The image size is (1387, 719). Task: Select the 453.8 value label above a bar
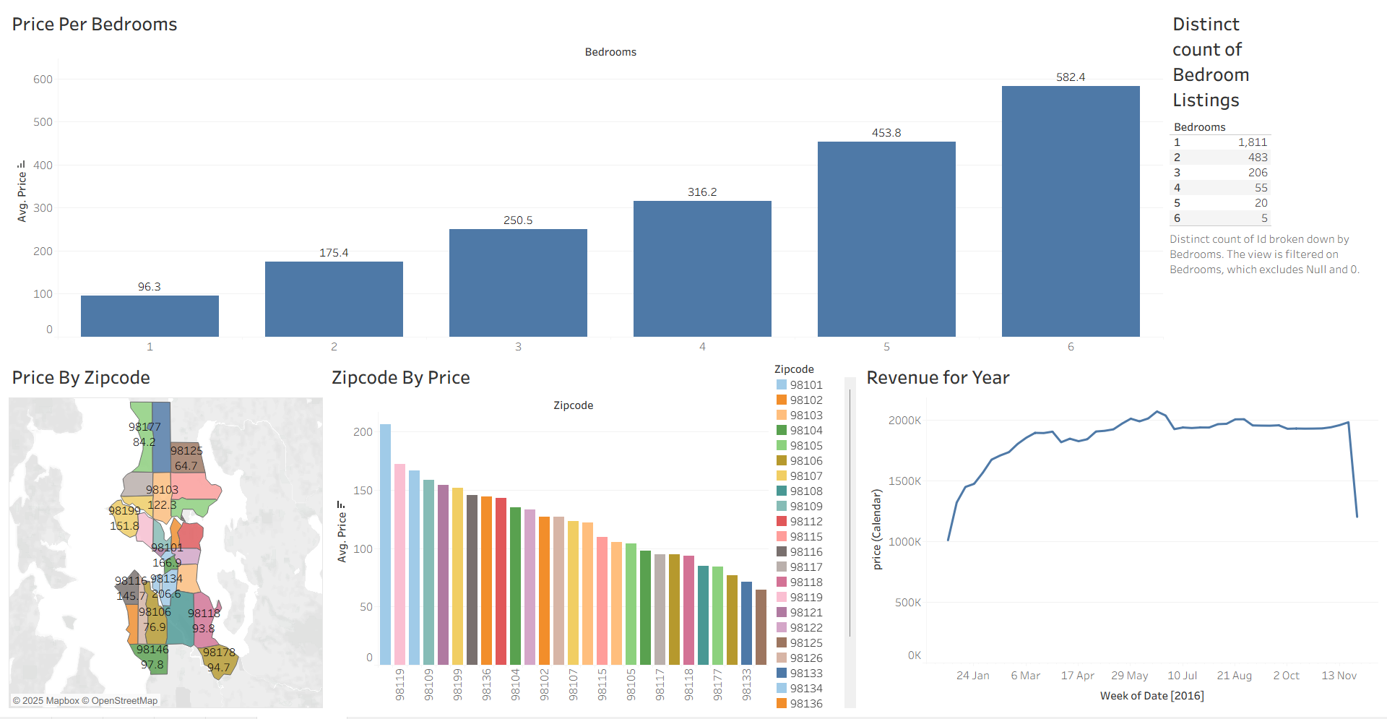[x=886, y=133]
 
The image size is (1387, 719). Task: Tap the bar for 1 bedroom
[x=150, y=316]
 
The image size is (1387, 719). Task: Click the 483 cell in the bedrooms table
[x=1258, y=158]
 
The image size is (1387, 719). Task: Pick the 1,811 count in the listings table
[x=1253, y=142]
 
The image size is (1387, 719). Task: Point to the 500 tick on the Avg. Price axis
[x=43, y=122]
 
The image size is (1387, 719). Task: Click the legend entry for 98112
[x=805, y=522]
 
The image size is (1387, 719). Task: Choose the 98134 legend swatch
[x=782, y=689]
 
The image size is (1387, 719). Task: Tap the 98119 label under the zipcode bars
[x=399, y=684]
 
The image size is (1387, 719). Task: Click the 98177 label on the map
[x=144, y=427]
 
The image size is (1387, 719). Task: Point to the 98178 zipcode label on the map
[x=219, y=653]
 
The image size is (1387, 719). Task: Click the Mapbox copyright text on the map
[x=85, y=700]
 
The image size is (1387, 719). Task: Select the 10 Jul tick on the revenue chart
[x=1182, y=676]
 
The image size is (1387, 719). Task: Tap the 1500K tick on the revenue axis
[x=904, y=481]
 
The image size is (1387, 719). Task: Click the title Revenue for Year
[x=938, y=378]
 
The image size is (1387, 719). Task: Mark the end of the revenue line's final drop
[x=1357, y=517]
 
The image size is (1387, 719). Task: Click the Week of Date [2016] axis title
[x=1151, y=696]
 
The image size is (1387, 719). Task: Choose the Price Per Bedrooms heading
[x=95, y=25]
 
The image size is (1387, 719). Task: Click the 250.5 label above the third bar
[x=518, y=220]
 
